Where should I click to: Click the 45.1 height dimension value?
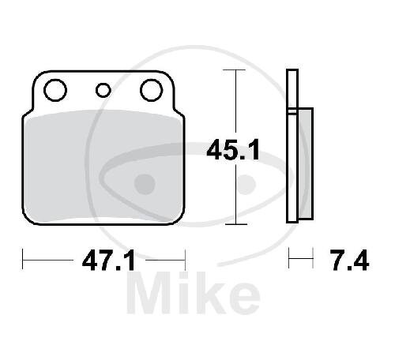click(x=233, y=150)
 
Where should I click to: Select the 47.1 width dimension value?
click(x=108, y=261)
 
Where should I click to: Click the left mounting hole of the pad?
click(x=55, y=90)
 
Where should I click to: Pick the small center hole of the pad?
click(x=103, y=90)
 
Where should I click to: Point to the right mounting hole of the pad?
click(x=152, y=90)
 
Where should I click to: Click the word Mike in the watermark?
click(x=194, y=293)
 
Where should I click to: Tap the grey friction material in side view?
click(x=306, y=163)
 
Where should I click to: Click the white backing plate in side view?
click(x=292, y=146)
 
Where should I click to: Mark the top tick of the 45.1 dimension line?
click(x=234, y=69)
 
